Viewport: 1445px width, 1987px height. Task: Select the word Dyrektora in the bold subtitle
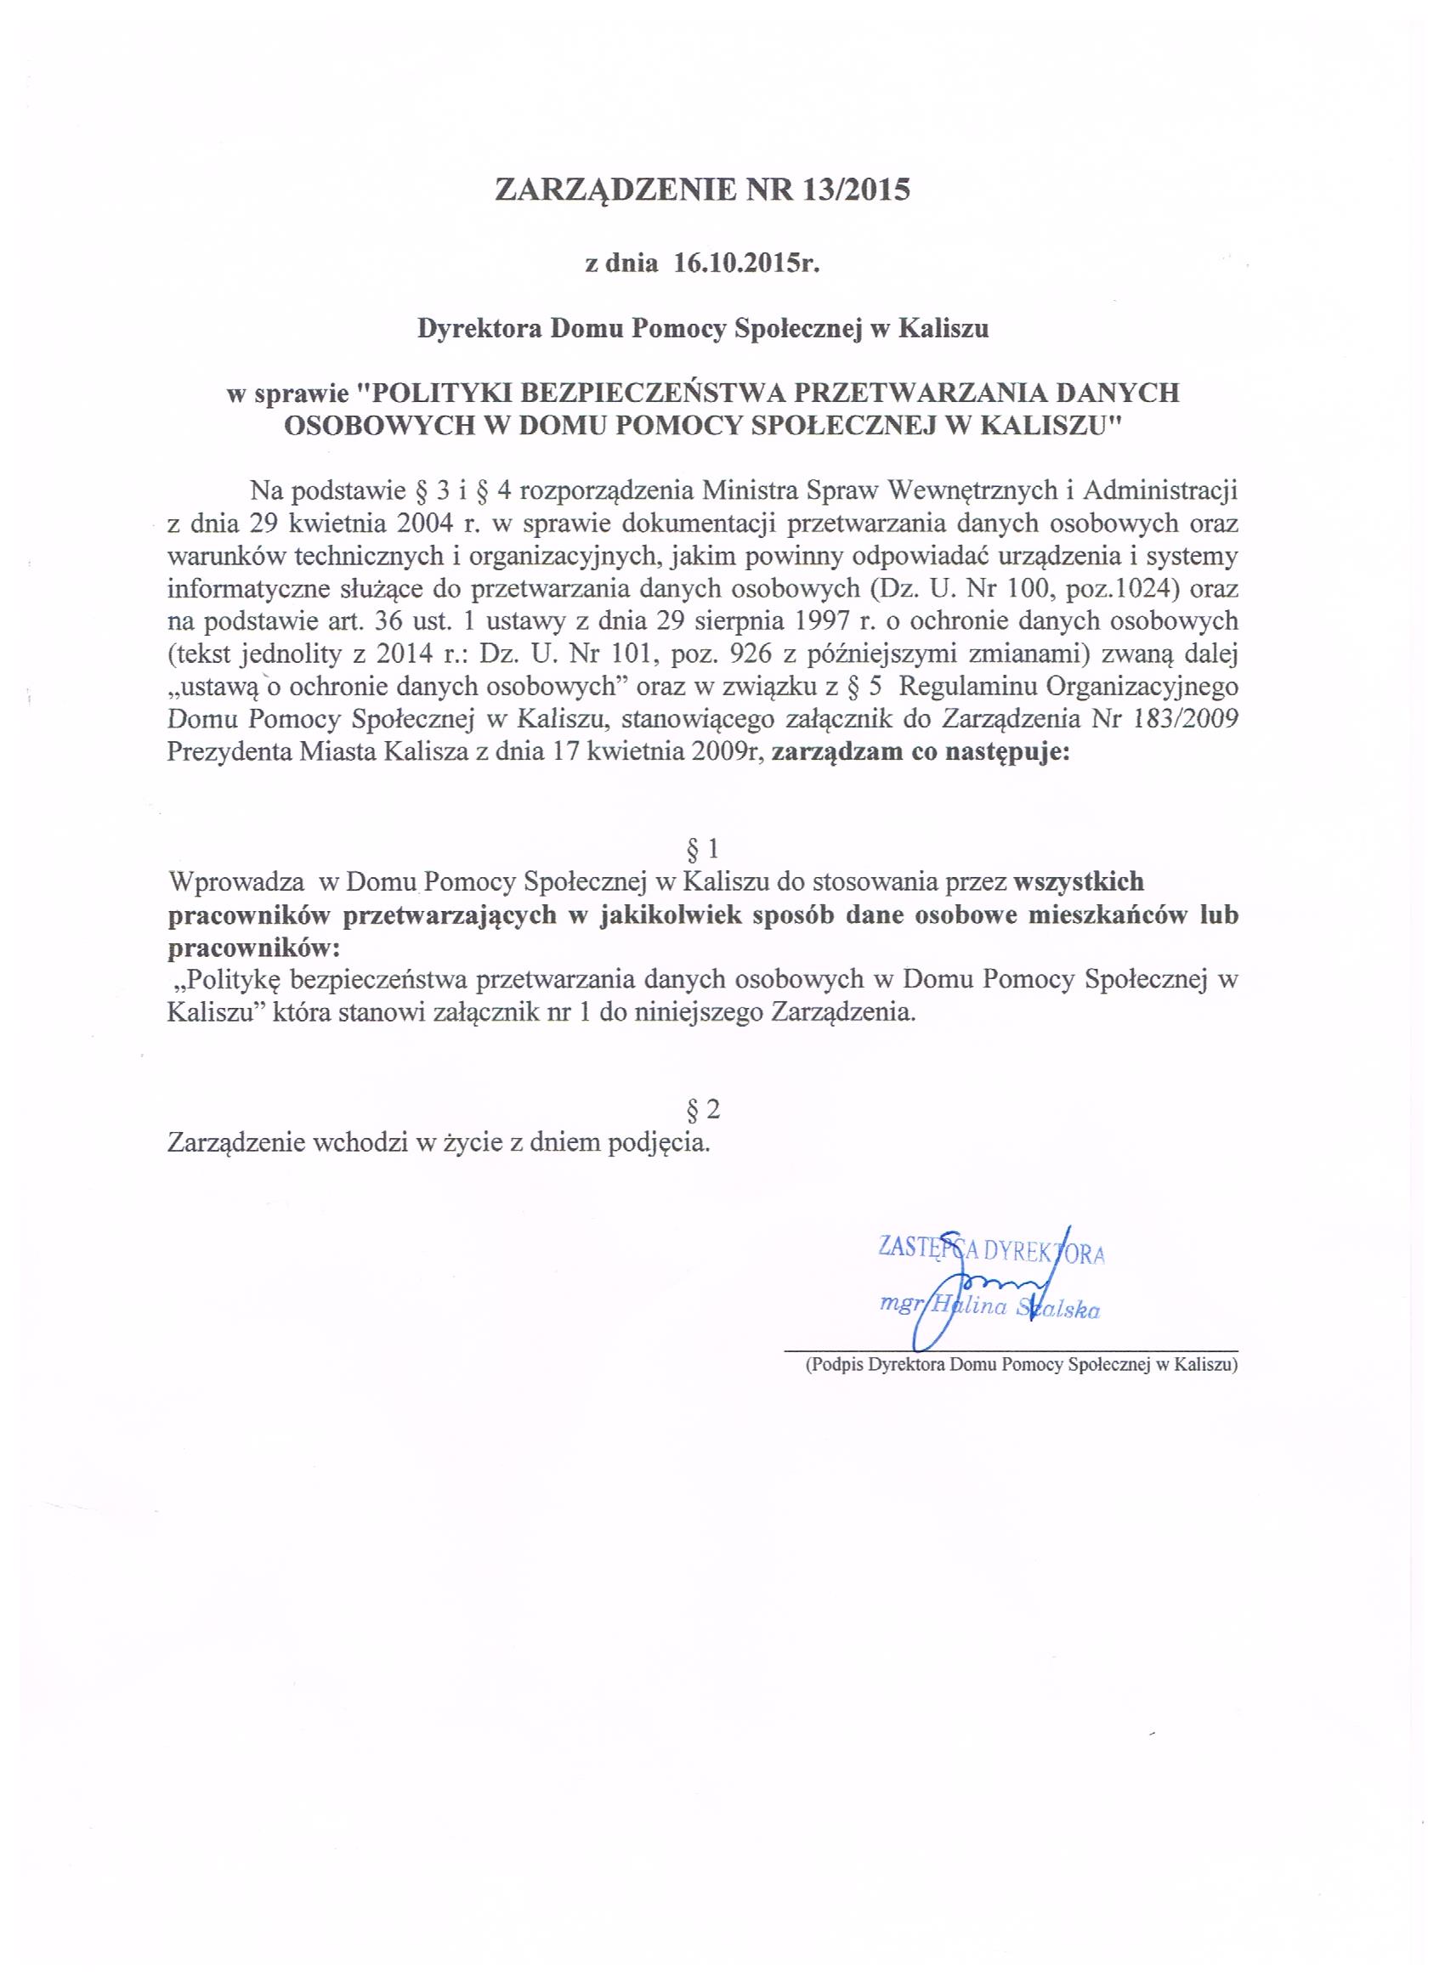(x=479, y=329)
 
